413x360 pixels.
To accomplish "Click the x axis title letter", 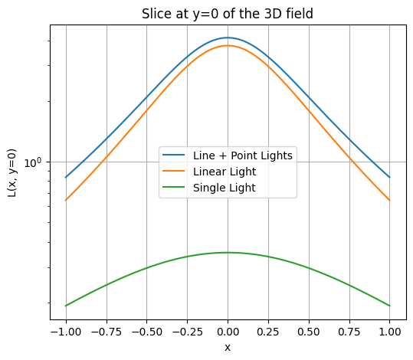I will coord(228,347).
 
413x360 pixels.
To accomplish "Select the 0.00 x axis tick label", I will coord(228,332).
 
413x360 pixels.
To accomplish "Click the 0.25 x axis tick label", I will coord(268,332).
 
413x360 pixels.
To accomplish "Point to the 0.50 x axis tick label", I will coord(309,332).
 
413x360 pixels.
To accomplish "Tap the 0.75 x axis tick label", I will coord(349,332).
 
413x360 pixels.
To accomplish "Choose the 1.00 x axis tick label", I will coord(390,332).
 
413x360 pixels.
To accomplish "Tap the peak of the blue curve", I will coord(228,38).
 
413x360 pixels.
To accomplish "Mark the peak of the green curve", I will coord(228,253).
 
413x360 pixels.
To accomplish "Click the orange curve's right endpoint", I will coord(390,201).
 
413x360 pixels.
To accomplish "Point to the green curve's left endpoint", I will coord(66,306).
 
